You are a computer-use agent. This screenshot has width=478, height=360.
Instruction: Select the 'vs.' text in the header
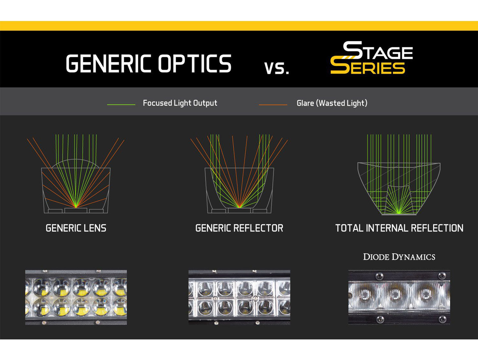pos(277,68)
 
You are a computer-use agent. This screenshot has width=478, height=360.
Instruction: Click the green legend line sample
pos(121,104)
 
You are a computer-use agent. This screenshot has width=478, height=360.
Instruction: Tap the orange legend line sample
pos(273,104)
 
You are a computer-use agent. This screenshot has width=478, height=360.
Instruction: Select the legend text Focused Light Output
pos(180,103)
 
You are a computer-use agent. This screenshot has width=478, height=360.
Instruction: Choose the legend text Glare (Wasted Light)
pos(332,103)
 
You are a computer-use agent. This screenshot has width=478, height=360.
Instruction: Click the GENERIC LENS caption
pos(76,228)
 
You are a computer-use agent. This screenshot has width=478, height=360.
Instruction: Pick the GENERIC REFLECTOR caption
pos(239,228)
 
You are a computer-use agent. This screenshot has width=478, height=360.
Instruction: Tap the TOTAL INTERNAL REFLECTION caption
pos(399,228)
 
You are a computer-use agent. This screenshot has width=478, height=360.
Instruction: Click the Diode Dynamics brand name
pos(399,257)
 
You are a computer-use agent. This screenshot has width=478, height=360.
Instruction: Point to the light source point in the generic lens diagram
pos(76,207)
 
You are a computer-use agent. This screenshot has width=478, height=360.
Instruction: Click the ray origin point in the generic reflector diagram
pos(239,207)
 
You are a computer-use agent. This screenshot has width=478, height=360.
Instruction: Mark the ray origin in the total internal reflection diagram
pos(399,213)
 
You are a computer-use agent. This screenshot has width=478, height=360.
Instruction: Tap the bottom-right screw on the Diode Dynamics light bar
pos(442,319)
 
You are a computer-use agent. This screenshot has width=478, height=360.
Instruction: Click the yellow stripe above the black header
pos(239,26)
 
